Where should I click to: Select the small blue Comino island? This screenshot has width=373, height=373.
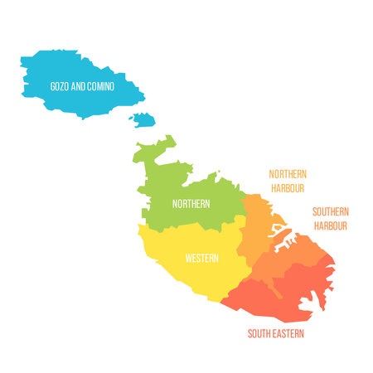(x=143, y=120)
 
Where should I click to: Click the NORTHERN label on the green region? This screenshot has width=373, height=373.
(x=191, y=203)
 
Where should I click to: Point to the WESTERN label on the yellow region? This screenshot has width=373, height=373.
(x=201, y=258)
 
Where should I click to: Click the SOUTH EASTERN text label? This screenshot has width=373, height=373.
(x=276, y=334)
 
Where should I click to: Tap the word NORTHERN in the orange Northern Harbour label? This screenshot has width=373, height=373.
(x=288, y=174)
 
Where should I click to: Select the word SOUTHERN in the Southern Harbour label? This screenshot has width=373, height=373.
(x=330, y=211)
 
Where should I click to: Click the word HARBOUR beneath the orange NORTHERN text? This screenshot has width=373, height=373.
(x=288, y=188)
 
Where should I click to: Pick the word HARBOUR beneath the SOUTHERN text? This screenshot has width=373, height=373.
(x=330, y=225)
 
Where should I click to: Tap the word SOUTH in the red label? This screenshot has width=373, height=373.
(x=259, y=334)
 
